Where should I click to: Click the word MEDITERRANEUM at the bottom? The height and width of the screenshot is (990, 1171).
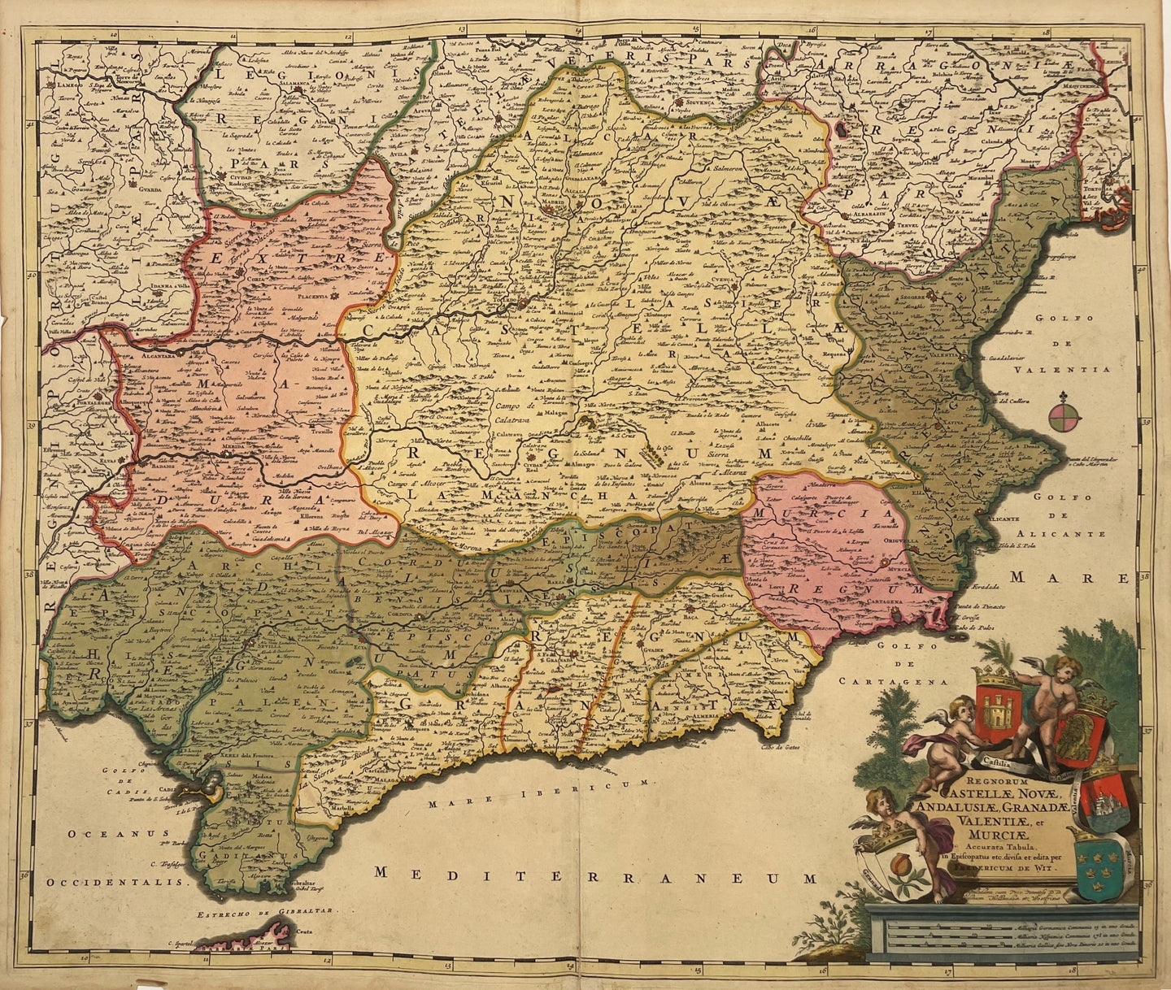(594, 875)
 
